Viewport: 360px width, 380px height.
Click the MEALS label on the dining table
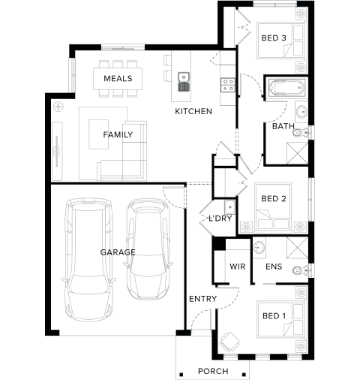tap(118, 78)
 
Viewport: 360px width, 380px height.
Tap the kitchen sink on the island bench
tap(184, 82)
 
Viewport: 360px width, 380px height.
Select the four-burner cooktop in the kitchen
tap(228, 85)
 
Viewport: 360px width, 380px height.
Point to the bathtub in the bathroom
tap(286, 88)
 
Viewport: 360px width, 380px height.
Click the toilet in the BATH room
tap(301, 132)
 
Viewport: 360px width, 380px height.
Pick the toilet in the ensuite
tap(301, 270)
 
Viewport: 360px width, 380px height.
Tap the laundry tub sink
tap(229, 207)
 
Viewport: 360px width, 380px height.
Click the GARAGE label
tap(118, 252)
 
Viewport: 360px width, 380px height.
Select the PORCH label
tap(213, 371)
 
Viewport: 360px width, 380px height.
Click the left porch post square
tap(181, 375)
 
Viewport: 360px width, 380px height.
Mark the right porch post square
tap(244, 375)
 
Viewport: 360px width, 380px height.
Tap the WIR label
tap(238, 267)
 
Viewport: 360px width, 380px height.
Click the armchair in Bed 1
tap(230, 342)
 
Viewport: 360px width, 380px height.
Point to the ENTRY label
tap(202, 299)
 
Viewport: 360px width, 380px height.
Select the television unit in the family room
tap(57, 151)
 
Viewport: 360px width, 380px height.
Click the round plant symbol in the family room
tap(58, 107)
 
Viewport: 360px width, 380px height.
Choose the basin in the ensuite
tap(259, 248)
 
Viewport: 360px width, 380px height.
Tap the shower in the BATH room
tap(297, 153)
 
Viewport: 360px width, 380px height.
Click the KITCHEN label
tap(193, 111)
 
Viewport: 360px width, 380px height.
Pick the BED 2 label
tap(274, 198)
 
